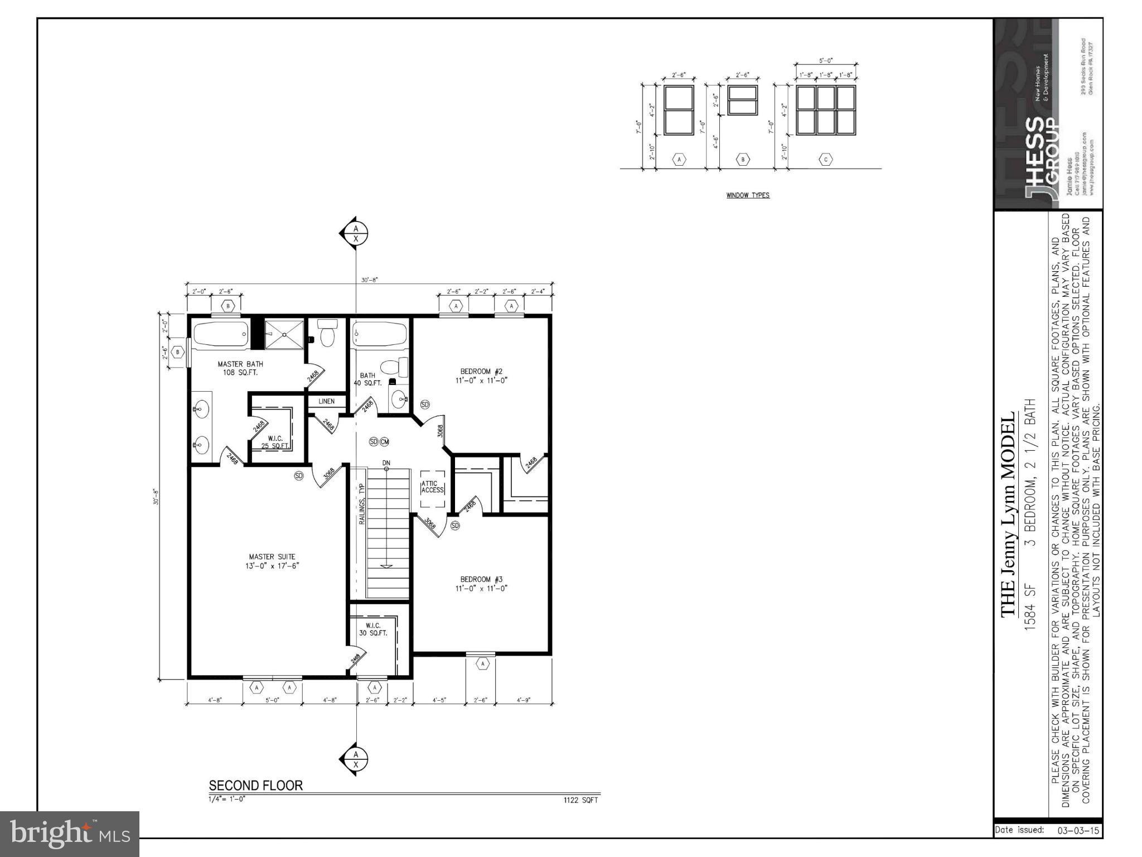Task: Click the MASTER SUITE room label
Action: (x=272, y=561)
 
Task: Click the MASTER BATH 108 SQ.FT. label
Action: (x=240, y=368)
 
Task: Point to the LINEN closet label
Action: (x=327, y=401)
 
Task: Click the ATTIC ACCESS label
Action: (x=432, y=487)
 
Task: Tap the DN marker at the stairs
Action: (x=386, y=463)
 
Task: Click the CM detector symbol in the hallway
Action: (x=384, y=442)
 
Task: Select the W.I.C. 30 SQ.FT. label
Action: (x=372, y=629)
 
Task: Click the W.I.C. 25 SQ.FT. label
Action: (x=275, y=442)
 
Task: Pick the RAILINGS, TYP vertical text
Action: (x=361, y=503)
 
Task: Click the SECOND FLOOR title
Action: (x=255, y=786)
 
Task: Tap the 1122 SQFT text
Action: (x=580, y=800)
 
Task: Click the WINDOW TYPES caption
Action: (x=748, y=195)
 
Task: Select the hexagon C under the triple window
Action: (x=826, y=160)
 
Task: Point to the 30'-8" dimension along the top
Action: (x=369, y=280)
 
